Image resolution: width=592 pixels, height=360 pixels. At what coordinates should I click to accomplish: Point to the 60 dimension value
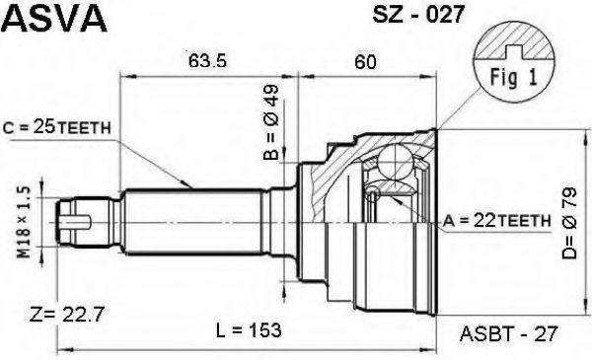click(365, 61)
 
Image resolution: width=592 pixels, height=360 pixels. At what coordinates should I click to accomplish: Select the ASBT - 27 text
click(509, 333)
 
